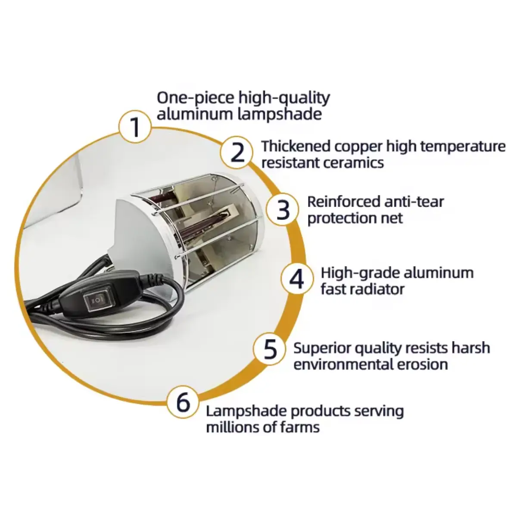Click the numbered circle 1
[x=135, y=127]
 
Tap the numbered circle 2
[x=237, y=152]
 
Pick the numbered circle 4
[x=297, y=279]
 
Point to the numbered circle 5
[x=270, y=349]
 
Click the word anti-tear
[x=414, y=202]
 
